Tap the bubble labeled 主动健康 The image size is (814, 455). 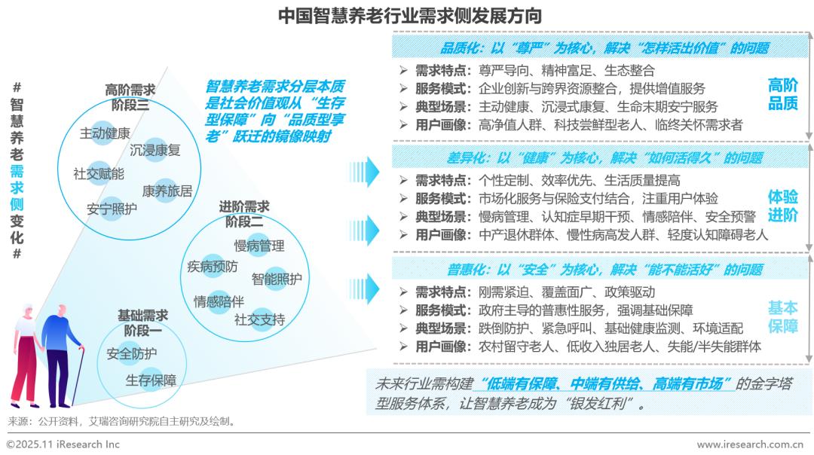click(x=106, y=133)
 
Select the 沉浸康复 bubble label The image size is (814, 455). click(x=155, y=150)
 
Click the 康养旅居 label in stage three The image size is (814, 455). click(x=167, y=191)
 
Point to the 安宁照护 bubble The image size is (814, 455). click(x=112, y=209)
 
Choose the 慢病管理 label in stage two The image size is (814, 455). click(x=259, y=246)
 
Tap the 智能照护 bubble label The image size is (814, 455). click(x=277, y=278)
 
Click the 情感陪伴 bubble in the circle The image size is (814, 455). click(x=219, y=301)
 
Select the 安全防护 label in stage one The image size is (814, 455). click(x=132, y=353)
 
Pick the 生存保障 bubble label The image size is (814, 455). click(x=151, y=380)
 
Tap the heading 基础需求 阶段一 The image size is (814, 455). click(x=143, y=322)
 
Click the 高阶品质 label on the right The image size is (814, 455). click(x=782, y=94)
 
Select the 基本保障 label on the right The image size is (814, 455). click(x=782, y=317)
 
